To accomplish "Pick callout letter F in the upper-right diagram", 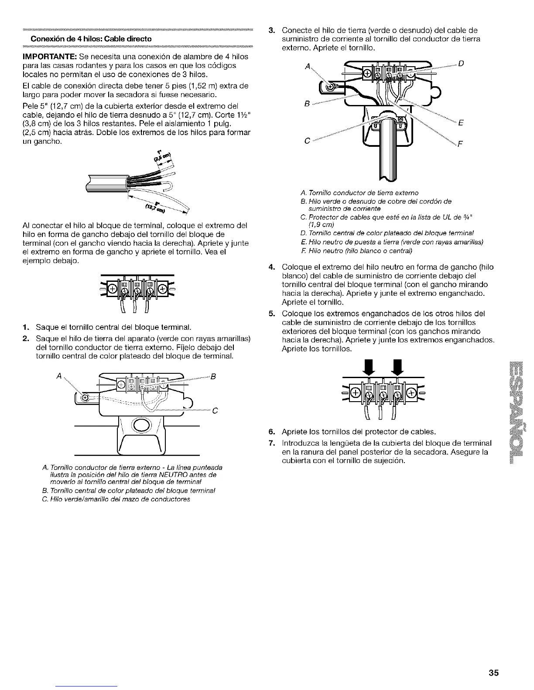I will [x=460, y=144].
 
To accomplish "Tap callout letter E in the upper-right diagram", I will [x=460, y=123].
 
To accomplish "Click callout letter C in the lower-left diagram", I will [x=215, y=410].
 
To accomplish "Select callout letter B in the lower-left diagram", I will [x=213, y=376].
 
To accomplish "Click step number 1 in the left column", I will [x=26, y=327].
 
